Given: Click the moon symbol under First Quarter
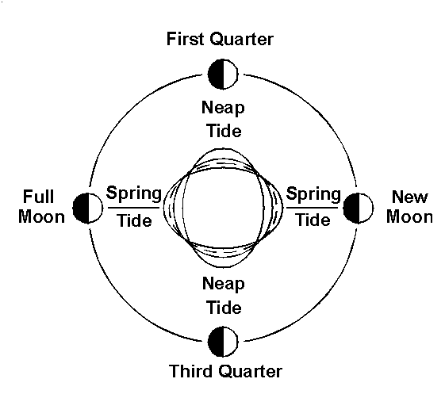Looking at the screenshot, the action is point(223,74).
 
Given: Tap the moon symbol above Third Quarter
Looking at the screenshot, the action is point(223,342).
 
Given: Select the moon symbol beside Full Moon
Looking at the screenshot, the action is point(88,209).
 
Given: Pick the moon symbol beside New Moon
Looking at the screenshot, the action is point(359,209).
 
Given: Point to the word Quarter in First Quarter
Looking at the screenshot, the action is point(242,39).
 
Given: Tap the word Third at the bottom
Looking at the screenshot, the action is point(192,371).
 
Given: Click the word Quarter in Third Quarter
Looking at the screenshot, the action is point(251,371).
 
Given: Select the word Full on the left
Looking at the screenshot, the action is point(38,197).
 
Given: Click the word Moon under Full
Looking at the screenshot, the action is point(42,217).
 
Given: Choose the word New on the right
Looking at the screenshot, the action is point(410,197).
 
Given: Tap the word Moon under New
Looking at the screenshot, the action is point(409,217).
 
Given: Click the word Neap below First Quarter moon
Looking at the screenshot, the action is point(223,109).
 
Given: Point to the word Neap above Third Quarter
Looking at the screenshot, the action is point(224,285).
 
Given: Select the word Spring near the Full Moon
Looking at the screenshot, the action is point(134,193).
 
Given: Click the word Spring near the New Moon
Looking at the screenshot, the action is point(313,194).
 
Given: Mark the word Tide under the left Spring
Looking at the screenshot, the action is point(135,220).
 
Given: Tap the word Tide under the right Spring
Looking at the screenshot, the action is point(313,220).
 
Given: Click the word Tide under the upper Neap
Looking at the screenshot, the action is point(224,131).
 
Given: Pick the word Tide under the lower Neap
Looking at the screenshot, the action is point(224,308).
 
